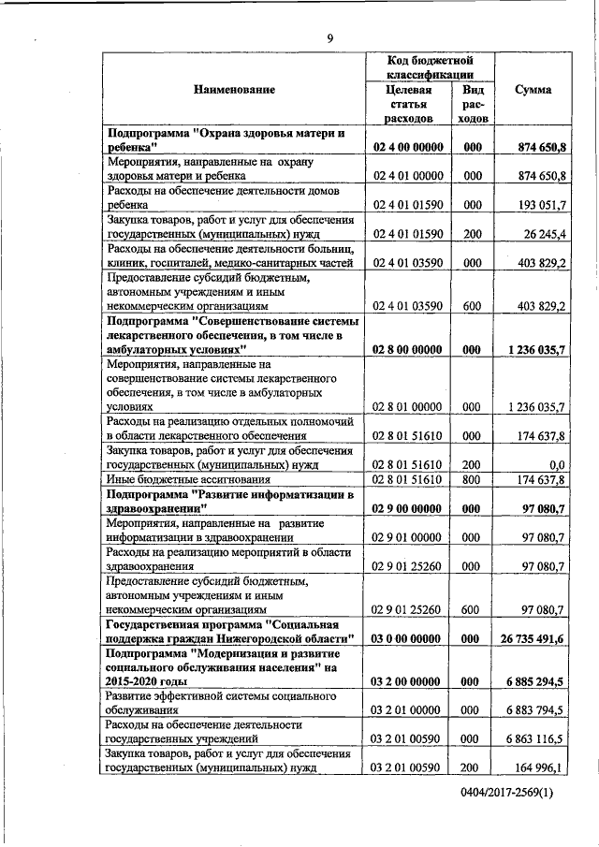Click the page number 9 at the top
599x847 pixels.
pos(329,37)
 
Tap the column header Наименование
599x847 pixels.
pos(235,90)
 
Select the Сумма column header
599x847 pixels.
pos(533,90)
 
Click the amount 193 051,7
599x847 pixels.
pos(537,203)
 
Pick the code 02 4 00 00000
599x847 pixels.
pos(407,147)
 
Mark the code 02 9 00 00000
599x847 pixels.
pos(407,507)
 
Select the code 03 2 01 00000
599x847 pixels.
pos(407,709)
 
